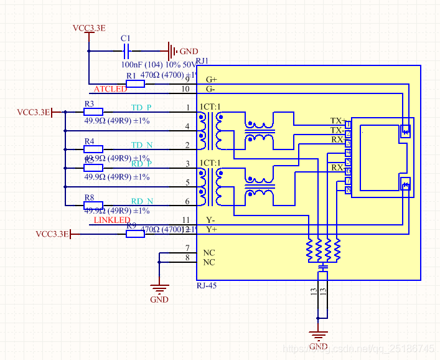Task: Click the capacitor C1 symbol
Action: [127, 51]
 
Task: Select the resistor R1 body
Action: [131, 83]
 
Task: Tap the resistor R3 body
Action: [93, 112]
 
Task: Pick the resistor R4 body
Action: [93, 149]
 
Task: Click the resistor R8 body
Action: [93, 205]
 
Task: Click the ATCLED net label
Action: [110, 89]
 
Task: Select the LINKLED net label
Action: [111, 220]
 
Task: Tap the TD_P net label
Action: [141, 108]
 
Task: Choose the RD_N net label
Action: [141, 201]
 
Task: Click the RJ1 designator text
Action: [202, 60]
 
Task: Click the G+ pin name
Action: [212, 79]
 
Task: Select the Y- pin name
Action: [211, 220]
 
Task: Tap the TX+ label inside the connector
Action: [337, 120]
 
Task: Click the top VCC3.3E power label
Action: [89, 28]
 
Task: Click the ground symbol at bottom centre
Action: [318, 336]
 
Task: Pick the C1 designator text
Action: [126, 38]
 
